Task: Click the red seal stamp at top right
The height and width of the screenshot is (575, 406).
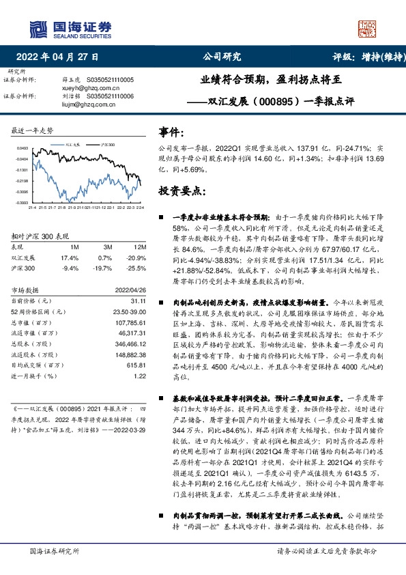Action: tap(368, 28)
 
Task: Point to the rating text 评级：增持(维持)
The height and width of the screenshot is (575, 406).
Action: tap(364, 57)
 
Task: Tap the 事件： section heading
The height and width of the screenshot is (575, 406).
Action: tap(171, 131)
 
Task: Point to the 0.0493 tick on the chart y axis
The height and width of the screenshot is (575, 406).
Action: tap(22, 148)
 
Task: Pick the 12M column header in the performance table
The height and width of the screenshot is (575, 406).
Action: tap(140, 246)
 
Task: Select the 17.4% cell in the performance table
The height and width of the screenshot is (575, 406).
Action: tap(70, 258)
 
